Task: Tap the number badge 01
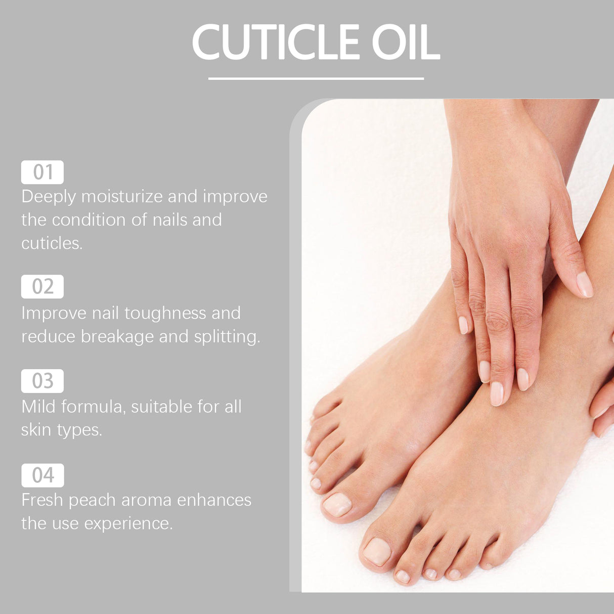[x=42, y=172]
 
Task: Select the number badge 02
[x=42, y=287]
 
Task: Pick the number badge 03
[x=42, y=381]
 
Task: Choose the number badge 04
[x=42, y=475]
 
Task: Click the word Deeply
[x=49, y=197]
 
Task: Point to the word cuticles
[x=52, y=243]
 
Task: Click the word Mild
[x=38, y=407]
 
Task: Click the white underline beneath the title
[x=316, y=79]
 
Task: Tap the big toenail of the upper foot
[x=337, y=505]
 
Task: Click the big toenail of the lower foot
[x=377, y=551]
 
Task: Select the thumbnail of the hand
[x=585, y=284]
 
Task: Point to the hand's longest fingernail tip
[x=497, y=394]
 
